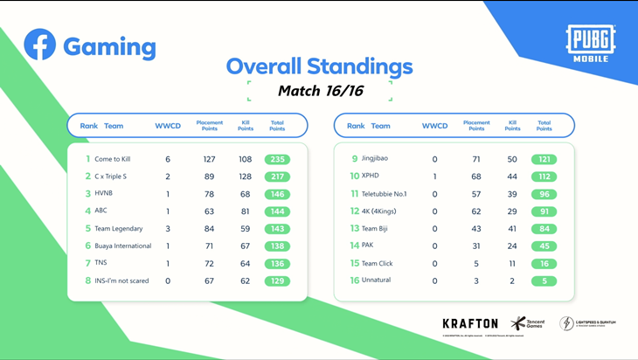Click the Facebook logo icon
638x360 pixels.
click(40, 45)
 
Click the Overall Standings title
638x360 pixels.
click(319, 66)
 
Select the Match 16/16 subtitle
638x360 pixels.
click(319, 90)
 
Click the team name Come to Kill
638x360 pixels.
click(113, 159)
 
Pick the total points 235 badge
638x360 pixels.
click(277, 159)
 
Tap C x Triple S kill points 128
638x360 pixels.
click(245, 177)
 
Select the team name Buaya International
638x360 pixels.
click(123, 246)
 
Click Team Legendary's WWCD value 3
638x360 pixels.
click(168, 229)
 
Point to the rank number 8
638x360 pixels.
click(87, 281)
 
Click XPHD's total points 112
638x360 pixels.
click(544, 177)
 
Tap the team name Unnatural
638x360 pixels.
click(378, 281)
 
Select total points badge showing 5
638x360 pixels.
click(544, 281)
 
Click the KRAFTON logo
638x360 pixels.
click(470, 324)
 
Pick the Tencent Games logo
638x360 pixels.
click(526, 324)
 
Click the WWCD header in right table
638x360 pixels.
click(434, 126)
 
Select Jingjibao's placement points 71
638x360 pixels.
click(476, 159)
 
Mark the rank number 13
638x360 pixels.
click(355, 229)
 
